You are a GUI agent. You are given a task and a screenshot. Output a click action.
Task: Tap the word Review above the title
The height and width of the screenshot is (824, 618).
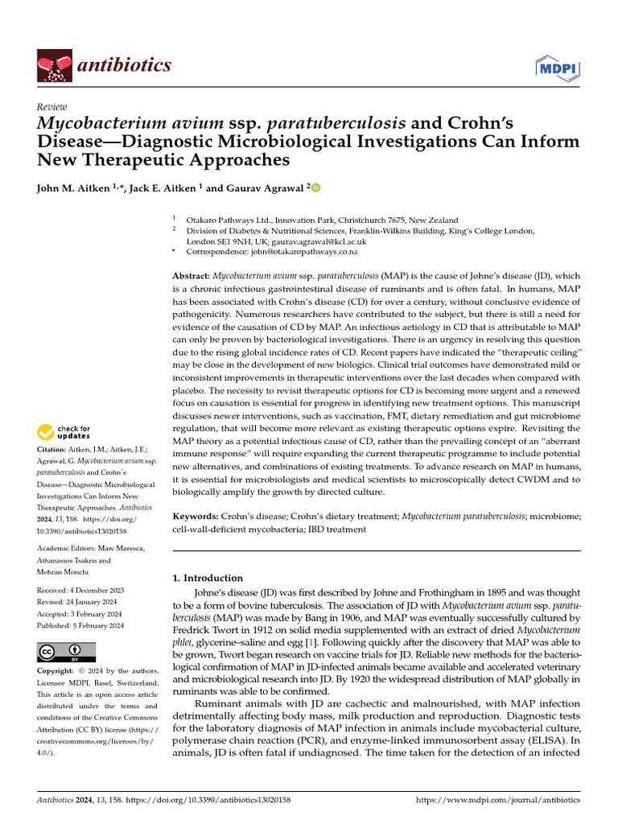click(x=51, y=107)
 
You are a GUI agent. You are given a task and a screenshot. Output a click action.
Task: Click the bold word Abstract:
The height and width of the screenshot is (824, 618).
click(x=192, y=275)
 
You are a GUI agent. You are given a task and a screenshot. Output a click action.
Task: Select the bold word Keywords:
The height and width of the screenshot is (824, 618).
click(x=196, y=515)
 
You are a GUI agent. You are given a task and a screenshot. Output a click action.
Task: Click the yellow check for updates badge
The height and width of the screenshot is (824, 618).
click(x=64, y=432)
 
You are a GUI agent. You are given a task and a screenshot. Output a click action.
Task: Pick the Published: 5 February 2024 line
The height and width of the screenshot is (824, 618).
click(x=80, y=625)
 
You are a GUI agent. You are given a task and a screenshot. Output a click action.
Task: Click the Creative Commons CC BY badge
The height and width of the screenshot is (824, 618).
click(x=66, y=651)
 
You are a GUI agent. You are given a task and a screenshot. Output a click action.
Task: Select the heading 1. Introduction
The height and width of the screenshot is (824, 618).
click(x=208, y=578)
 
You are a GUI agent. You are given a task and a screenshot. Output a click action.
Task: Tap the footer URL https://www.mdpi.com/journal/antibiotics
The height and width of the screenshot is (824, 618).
click(x=497, y=801)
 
